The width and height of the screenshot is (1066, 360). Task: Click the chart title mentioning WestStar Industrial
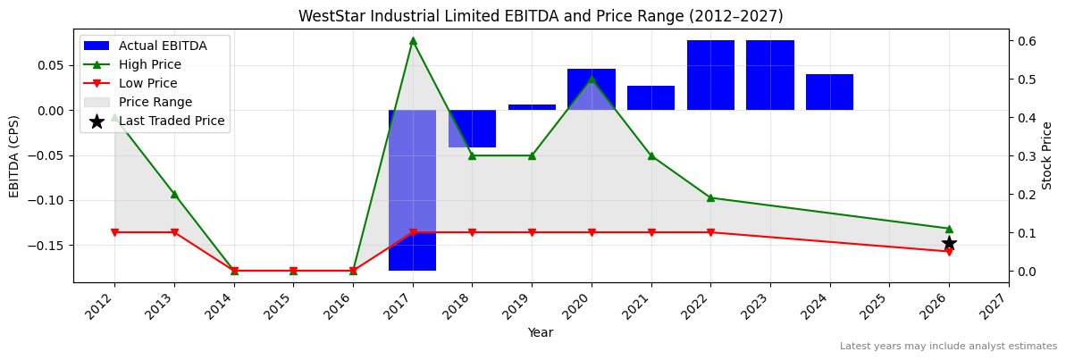(x=541, y=16)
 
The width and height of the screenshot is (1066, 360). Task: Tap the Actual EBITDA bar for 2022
(x=710, y=75)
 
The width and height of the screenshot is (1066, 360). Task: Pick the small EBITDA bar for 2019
(x=532, y=107)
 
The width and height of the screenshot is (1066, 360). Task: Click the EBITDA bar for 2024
(x=829, y=92)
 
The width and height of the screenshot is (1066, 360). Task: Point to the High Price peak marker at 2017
(x=413, y=40)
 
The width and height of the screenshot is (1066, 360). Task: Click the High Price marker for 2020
(x=592, y=79)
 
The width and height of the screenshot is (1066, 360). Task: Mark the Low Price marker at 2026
(x=949, y=252)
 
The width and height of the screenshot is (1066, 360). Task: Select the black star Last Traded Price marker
(x=949, y=243)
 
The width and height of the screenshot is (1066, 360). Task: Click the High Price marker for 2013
(x=174, y=194)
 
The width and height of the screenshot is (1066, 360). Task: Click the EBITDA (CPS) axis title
(x=14, y=155)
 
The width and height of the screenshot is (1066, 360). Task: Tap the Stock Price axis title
(x=1047, y=155)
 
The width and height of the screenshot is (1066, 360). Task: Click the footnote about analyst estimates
(x=948, y=347)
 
